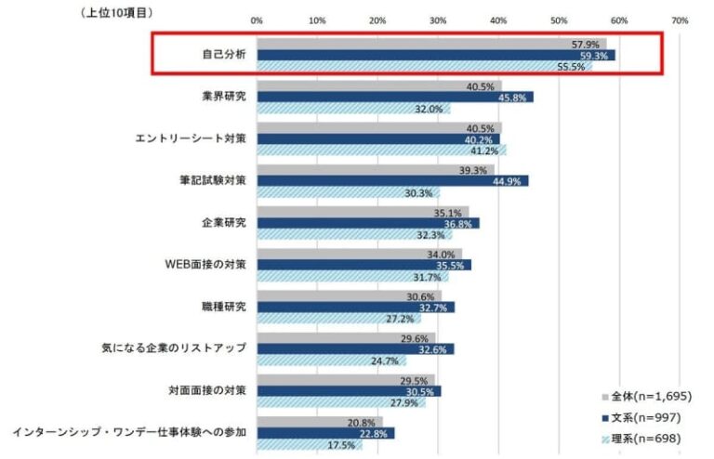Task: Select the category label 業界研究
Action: pos(226,96)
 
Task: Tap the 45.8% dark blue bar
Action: pos(395,97)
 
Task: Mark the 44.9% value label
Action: pos(512,180)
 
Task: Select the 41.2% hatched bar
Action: pos(381,150)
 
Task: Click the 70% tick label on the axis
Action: pos(680,20)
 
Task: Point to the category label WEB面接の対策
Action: pos(205,264)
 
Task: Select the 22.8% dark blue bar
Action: pos(325,433)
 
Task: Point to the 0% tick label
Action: pos(257,20)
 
